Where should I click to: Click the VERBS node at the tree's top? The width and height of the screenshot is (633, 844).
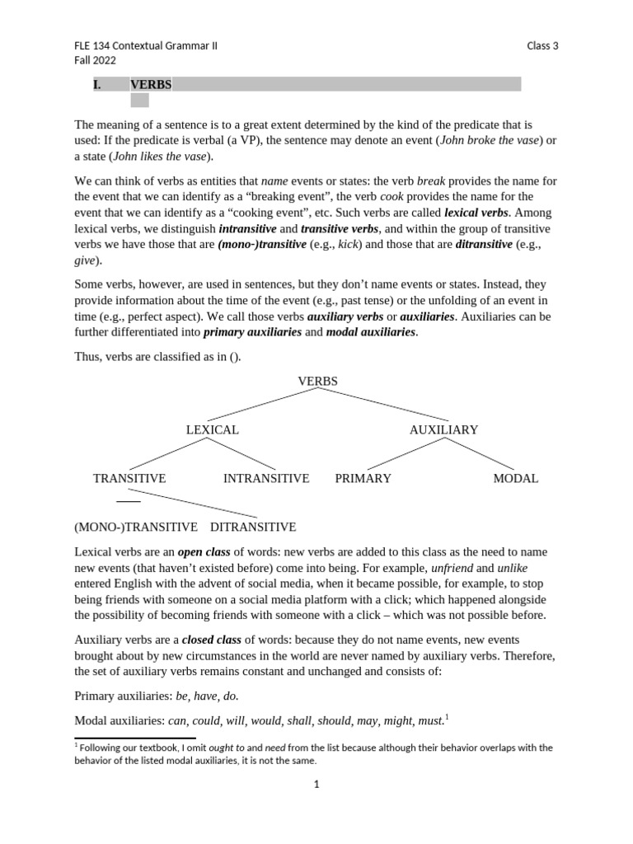[x=317, y=381]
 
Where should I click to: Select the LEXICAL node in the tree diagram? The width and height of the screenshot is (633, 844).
[x=212, y=429]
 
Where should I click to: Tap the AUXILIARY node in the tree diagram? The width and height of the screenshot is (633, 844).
[x=443, y=429]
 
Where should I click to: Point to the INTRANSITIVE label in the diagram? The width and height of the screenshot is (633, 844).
[x=266, y=478]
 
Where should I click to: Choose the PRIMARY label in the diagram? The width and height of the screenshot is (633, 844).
[x=363, y=478]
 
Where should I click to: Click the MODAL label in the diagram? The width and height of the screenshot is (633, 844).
[x=515, y=478]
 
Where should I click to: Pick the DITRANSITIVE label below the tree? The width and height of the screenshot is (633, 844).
[x=253, y=527]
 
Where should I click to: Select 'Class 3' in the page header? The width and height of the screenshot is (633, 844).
[x=542, y=46]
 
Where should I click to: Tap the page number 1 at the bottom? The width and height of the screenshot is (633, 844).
[x=316, y=785]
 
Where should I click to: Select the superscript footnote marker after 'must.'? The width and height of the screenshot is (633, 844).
[x=447, y=716]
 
